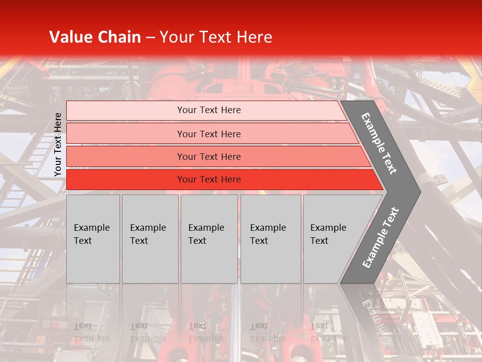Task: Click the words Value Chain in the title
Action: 95,37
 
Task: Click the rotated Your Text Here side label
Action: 58,144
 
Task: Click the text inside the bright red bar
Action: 209,179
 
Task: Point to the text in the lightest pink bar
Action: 209,110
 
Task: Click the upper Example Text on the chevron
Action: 379,143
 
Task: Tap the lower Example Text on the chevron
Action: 381,237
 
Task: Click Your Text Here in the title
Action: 216,37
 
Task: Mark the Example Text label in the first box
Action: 91,234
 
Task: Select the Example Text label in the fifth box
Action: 328,234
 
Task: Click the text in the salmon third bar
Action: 209,156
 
